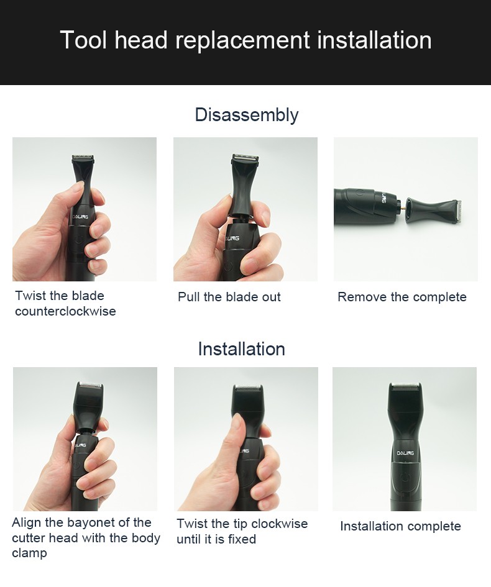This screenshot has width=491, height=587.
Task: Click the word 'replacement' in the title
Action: tap(242, 40)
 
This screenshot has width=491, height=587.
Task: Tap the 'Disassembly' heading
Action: tap(246, 115)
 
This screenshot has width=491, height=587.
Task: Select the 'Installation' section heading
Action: tap(241, 349)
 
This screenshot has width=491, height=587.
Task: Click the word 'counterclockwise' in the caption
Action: tap(65, 311)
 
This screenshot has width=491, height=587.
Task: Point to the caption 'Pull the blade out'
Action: tap(229, 297)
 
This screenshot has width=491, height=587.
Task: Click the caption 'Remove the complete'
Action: tap(402, 297)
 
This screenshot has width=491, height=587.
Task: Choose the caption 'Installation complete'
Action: tap(400, 526)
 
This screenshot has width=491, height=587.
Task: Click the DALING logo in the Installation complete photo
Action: tap(405, 453)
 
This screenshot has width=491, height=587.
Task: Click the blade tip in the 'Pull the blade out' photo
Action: tap(245, 160)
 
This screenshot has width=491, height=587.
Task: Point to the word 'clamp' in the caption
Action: tap(29, 553)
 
